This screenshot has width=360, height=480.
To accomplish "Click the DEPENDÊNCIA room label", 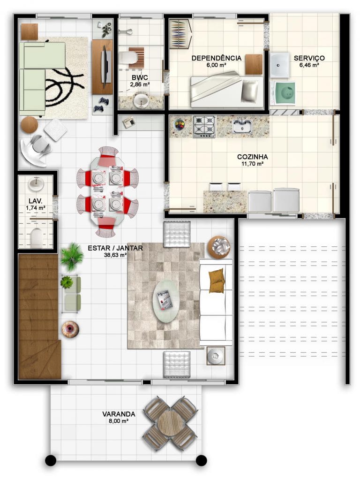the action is (216, 58).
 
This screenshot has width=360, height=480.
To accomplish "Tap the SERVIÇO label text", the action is (309, 58).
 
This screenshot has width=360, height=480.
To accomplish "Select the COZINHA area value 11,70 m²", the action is (253, 164).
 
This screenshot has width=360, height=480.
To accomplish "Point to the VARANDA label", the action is (119, 414).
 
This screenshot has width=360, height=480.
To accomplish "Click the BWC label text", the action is (140, 78).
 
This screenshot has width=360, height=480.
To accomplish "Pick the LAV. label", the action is (36, 201).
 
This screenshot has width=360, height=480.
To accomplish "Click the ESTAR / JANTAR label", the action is (115, 248).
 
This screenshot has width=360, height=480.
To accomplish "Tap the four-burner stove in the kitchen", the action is (204, 126).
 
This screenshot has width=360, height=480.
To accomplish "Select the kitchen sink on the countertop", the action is (242, 126).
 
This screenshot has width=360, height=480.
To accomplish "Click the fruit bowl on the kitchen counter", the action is (180, 124).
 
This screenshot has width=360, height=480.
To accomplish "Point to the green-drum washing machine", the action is (285, 93).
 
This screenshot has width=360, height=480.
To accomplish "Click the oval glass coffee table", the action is (165, 301).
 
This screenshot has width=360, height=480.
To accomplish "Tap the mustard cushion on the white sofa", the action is (217, 281).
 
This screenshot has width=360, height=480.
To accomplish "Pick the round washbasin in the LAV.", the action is (36, 184).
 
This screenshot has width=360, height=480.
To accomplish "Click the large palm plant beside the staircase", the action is (72, 257).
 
